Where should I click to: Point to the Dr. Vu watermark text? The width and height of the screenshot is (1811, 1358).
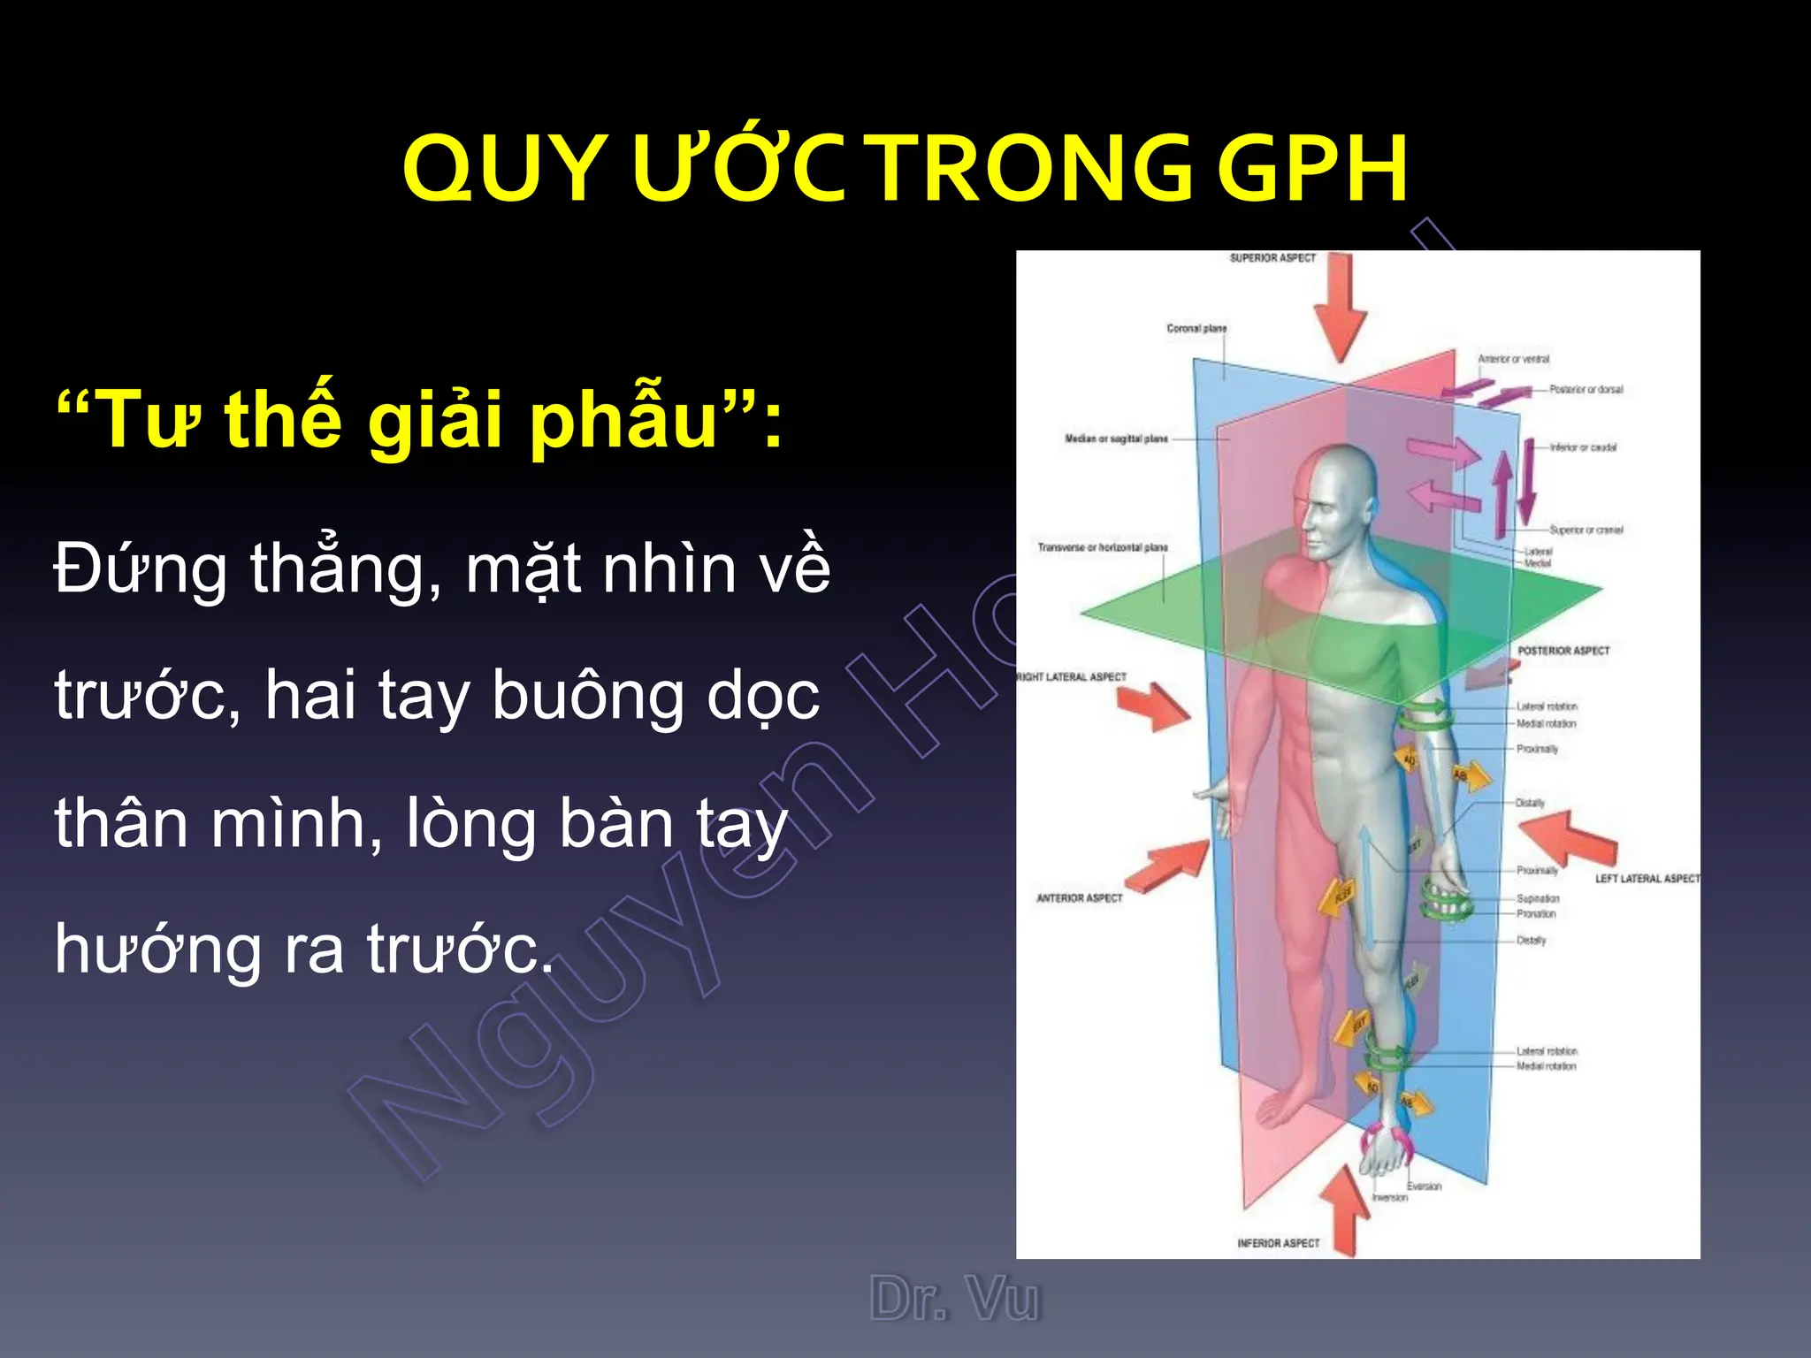955,1300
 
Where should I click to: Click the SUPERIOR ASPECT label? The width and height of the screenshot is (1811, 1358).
1272,258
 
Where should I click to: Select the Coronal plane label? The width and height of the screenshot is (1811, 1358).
1196,328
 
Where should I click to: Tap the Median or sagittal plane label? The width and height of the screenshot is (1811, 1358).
1116,439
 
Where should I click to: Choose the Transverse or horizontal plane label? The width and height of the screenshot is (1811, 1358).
1103,547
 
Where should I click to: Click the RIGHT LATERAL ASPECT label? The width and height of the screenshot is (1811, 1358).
1073,677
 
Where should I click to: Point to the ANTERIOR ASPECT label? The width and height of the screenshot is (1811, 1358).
1079,898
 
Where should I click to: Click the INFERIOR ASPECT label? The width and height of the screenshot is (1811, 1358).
1278,1243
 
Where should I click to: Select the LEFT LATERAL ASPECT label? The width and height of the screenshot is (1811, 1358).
1647,879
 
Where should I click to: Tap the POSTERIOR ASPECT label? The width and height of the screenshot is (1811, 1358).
1563,651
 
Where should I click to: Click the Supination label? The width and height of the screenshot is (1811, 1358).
1538,898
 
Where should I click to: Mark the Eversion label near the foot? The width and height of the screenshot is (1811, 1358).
1424,1186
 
